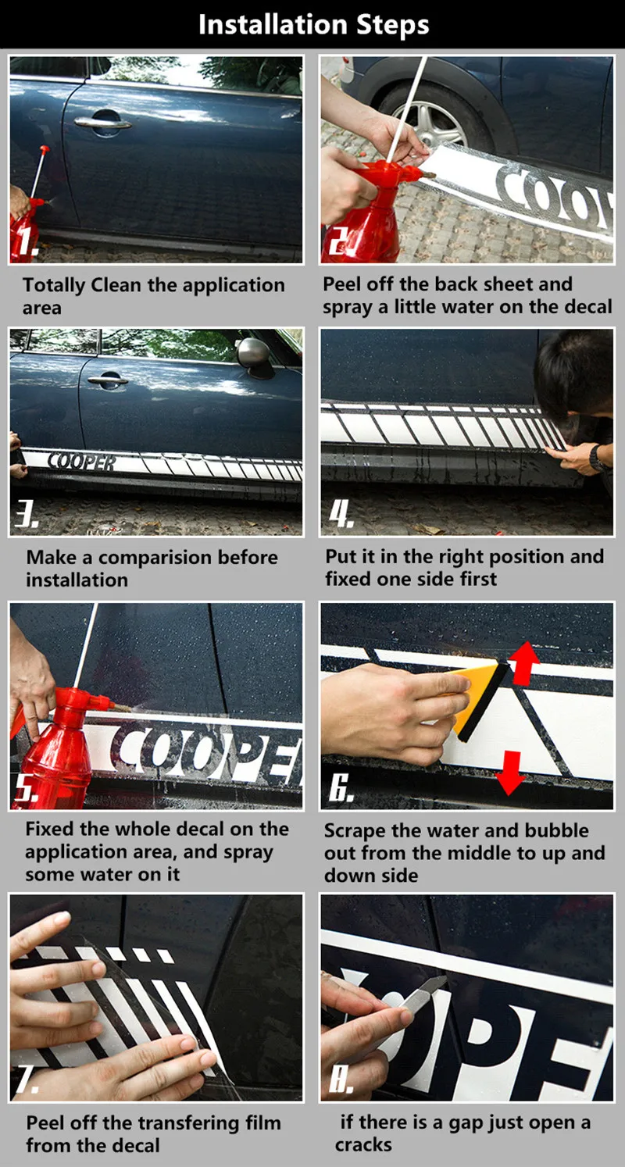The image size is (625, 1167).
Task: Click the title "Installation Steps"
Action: pos(313,24)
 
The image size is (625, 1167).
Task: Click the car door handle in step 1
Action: pos(102,123)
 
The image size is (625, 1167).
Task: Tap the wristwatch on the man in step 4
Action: pos(597,458)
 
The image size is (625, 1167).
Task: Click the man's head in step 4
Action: pos(574,371)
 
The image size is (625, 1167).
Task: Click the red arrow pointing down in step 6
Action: pos(510,773)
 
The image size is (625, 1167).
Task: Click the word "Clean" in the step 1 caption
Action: pos(116,285)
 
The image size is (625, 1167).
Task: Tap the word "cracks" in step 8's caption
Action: pos(363,1144)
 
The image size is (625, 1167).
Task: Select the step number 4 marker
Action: pos(341,515)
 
